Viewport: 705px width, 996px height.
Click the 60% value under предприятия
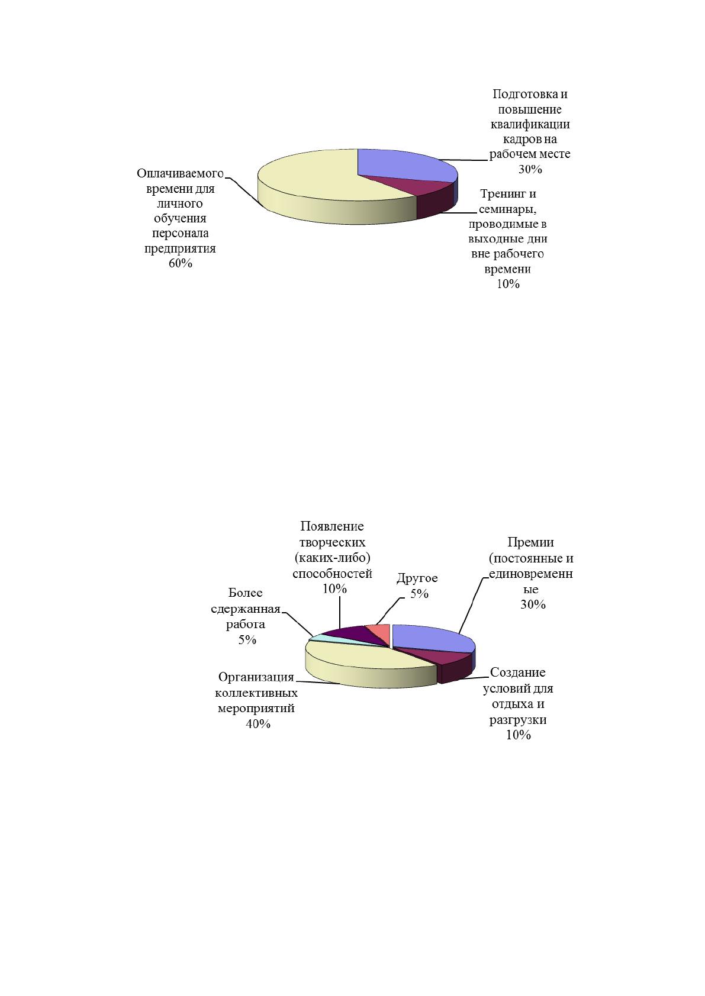click(181, 263)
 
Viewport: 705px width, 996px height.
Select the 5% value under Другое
click(419, 594)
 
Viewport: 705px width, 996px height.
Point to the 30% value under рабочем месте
click(530, 169)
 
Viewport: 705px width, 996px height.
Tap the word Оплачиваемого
click(181, 173)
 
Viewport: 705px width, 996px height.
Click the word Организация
click(256, 678)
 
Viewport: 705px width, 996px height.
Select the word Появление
click(332, 526)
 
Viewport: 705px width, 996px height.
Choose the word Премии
click(530, 542)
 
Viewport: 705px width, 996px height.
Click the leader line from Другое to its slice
click(388, 611)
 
